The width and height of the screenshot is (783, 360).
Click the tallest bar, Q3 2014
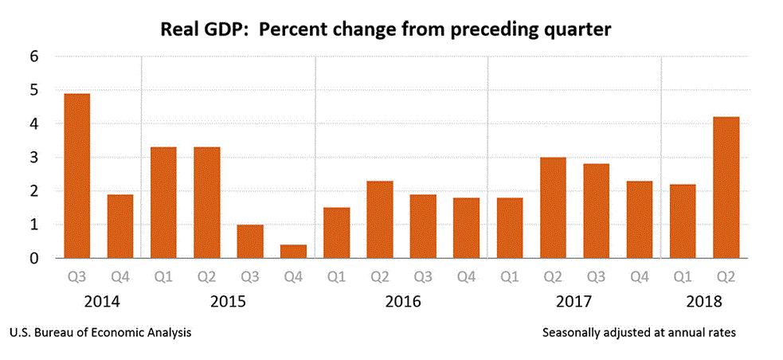tap(76, 176)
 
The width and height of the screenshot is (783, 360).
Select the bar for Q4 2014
tap(119, 226)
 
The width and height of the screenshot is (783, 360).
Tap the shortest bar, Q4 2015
tap(293, 251)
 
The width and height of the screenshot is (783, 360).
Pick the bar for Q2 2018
tap(726, 187)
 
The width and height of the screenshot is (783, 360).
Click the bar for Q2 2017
tap(553, 207)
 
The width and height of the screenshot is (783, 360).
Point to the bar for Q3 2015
tap(250, 241)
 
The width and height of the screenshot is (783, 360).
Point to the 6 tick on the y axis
tap(34, 57)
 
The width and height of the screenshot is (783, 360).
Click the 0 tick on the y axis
tap(34, 258)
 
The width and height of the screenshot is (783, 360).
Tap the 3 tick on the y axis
tap(34, 158)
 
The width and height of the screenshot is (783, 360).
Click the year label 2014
tap(98, 303)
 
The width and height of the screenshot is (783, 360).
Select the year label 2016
tap(401, 303)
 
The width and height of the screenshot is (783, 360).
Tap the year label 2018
tap(703, 303)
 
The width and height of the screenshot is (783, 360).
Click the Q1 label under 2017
tap(510, 279)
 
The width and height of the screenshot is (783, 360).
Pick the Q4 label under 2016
tap(466, 279)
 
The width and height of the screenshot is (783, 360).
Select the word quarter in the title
tap(574, 31)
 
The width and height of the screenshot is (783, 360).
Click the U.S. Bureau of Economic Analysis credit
tap(100, 332)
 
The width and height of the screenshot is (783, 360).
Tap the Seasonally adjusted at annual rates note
tap(639, 332)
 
